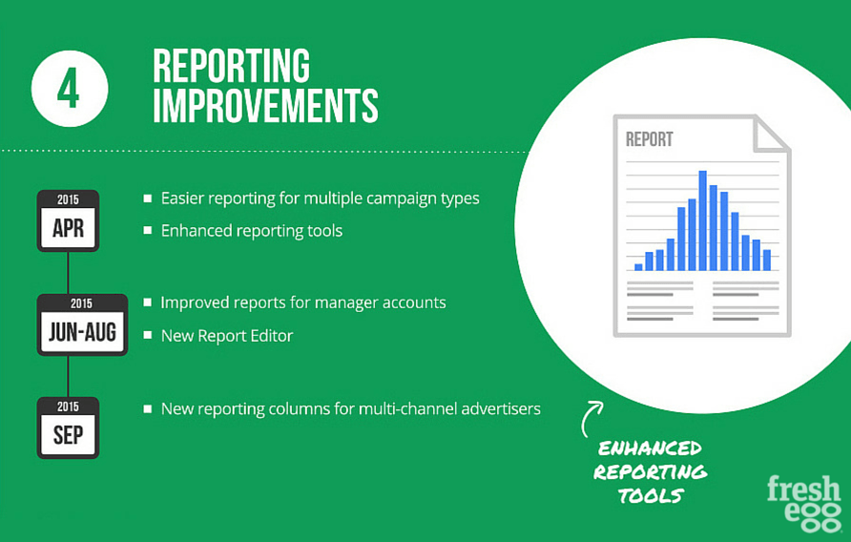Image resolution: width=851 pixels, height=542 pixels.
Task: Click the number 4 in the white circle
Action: click(69, 89)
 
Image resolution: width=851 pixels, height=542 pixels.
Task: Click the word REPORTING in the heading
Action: click(231, 66)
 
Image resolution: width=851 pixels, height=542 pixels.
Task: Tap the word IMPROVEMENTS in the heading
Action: click(265, 105)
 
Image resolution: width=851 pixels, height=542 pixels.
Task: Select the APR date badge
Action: click(68, 220)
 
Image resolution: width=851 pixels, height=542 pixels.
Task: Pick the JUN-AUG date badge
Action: click(82, 324)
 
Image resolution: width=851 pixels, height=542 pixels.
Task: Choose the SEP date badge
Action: click(68, 427)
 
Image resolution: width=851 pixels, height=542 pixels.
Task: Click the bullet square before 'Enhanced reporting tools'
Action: click(148, 230)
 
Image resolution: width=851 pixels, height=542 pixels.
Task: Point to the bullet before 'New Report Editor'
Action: click(148, 335)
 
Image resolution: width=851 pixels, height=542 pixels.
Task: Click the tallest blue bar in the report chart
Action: click(702, 220)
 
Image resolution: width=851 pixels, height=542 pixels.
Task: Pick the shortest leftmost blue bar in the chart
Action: click(638, 267)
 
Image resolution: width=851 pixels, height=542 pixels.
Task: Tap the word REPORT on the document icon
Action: click(649, 139)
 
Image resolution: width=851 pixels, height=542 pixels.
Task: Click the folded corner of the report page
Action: click(771, 134)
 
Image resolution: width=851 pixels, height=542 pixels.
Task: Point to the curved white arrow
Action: click(589, 417)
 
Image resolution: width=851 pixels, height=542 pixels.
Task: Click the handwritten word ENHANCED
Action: click(650, 448)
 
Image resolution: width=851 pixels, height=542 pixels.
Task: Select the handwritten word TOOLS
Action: click(651, 495)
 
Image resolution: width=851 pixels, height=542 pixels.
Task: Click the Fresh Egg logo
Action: click(804, 503)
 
